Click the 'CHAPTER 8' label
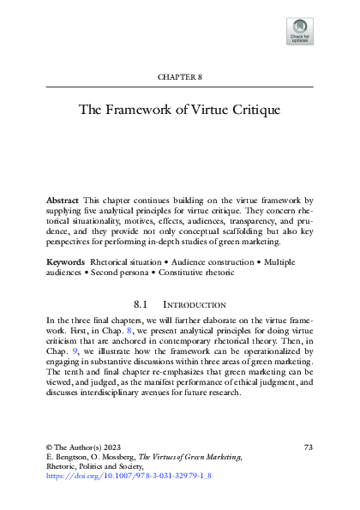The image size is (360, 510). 179,77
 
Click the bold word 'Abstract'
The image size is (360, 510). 63,199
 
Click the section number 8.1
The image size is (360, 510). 143,304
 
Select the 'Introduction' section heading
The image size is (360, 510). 194,304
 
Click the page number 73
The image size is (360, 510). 309,447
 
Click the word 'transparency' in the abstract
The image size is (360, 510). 255,222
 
